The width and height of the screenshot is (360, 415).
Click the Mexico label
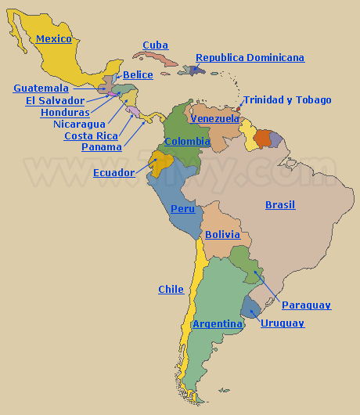(54, 38)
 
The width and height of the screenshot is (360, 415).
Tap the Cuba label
(155, 45)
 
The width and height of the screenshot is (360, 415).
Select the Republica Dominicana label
(250, 57)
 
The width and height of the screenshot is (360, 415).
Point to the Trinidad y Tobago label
(286, 99)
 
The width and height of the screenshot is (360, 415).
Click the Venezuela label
(215, 118)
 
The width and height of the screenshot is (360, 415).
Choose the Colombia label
(187, 141)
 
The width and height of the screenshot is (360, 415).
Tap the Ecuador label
(113, 172)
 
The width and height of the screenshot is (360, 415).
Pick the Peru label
(182, 208)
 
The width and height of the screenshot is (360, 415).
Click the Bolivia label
(222, 234)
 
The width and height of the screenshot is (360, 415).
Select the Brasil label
(280, 204)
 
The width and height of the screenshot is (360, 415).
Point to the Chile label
(171, 289)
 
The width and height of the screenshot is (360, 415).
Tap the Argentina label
(218, 323)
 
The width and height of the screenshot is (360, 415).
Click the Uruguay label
(283, 323)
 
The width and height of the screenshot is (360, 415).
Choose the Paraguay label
(306, 305)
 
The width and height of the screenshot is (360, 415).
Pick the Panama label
(102, 146)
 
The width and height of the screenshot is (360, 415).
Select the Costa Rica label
(91, 135)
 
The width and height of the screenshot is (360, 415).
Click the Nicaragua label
(79, 124)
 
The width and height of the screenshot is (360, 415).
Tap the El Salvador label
(55, 100)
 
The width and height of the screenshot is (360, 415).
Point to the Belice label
(138, 74)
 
